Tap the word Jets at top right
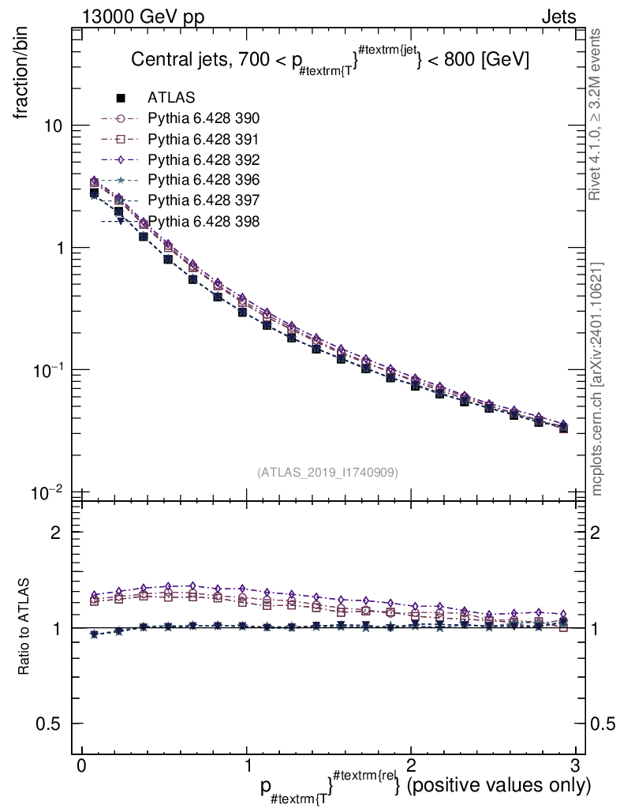pyautogui.click(x=558, y=17)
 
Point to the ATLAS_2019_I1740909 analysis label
pyautogui.click(x=327, y=472)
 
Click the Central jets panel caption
pyautogui.click(x=330, y=60)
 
